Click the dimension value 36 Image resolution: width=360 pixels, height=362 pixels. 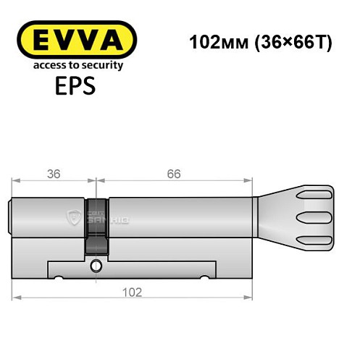(x=54, y=174)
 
